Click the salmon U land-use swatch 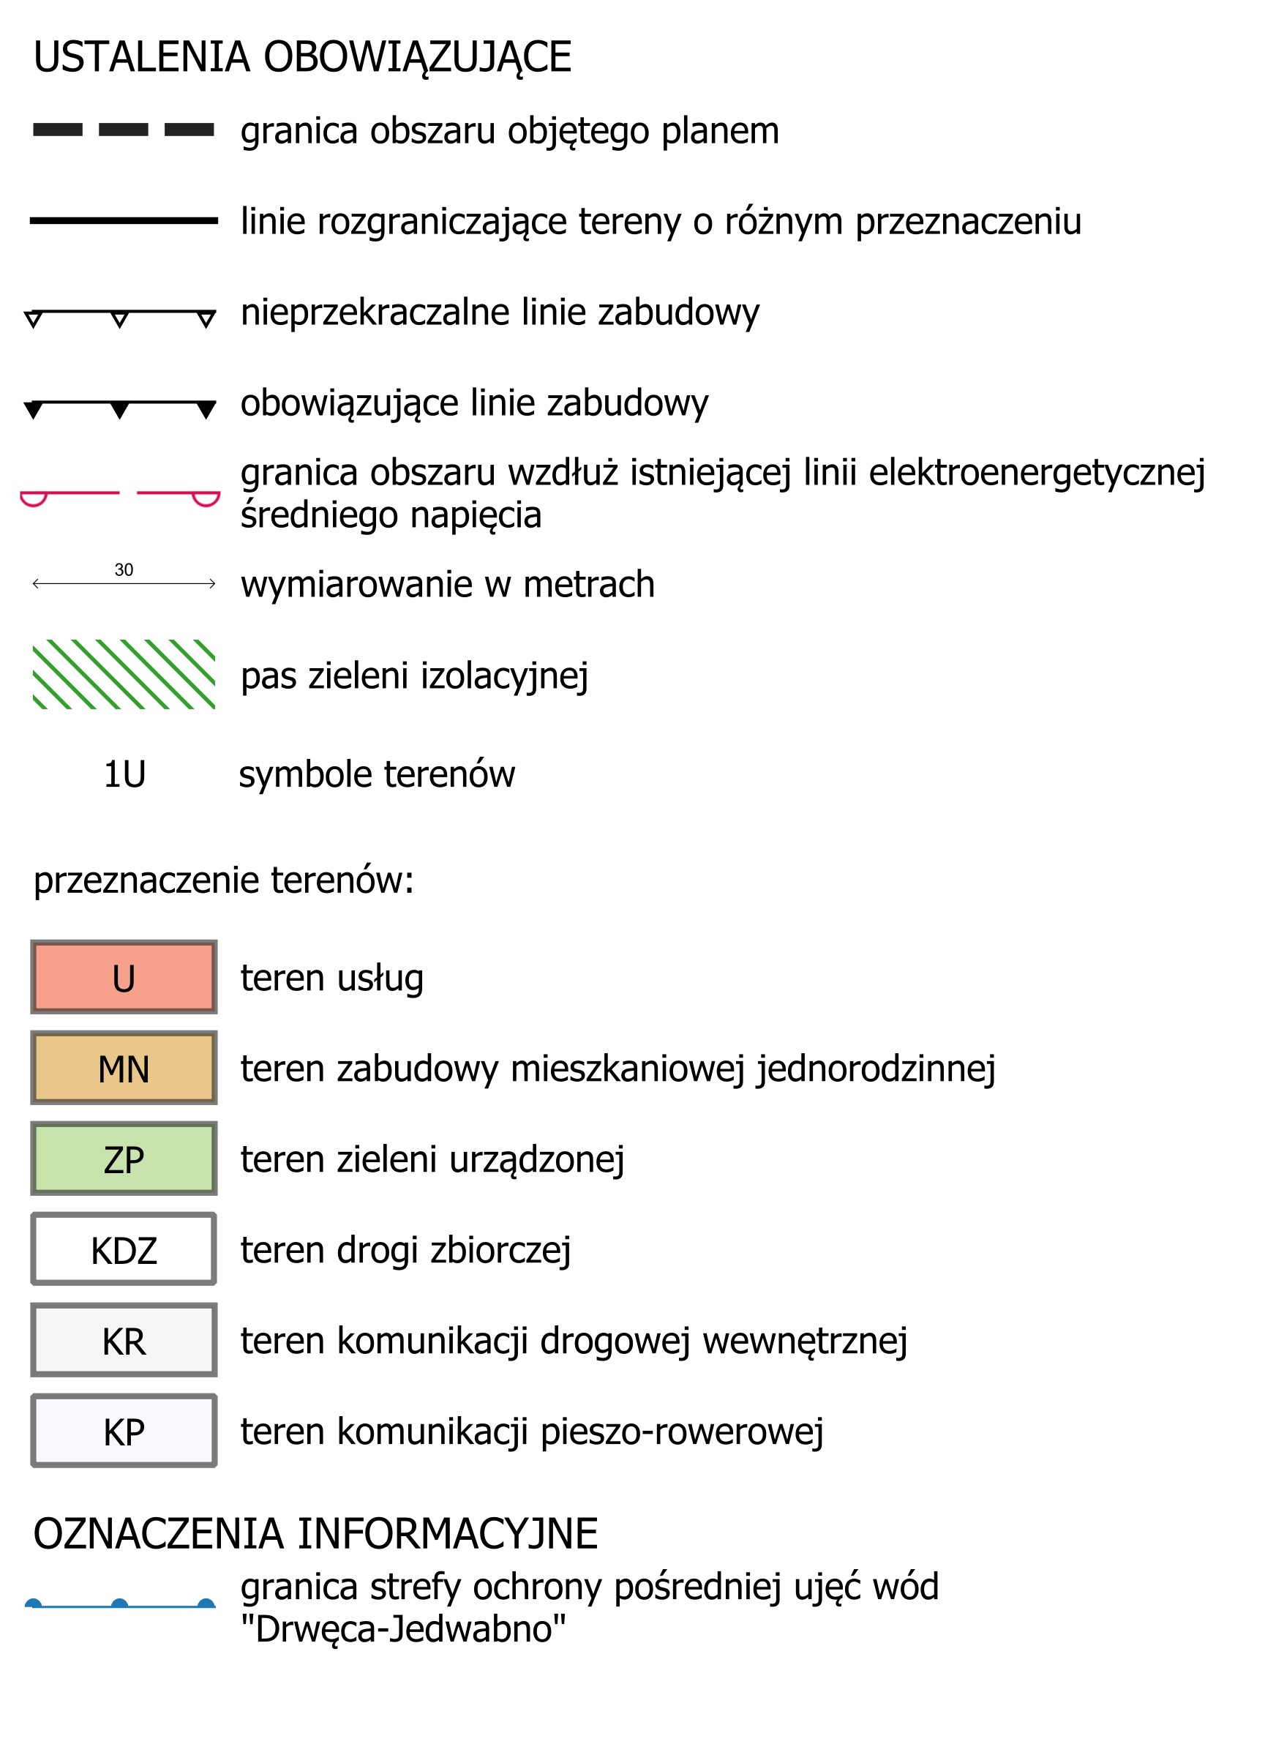(124, 977)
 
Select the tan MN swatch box (124, 1068)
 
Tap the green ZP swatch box (124, 1159)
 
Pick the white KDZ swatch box (124, 1250)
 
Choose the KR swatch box (124, 1340)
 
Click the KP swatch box (124, 1431)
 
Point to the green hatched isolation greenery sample (124, 674)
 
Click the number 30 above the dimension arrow (124, 569)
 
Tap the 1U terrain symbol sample (124, 774)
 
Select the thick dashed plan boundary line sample (124, 130)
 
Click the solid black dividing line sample (124, 220)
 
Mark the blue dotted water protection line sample (120, 1606)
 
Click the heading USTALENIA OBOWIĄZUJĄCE (301, 57)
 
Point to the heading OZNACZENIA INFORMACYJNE (315, 1534)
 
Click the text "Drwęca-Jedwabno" (403, 1629)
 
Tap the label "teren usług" (332, 977)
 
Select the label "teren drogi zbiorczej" (405, 1250)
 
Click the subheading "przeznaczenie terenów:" (224, 880)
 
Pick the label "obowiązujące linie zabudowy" (474, 403)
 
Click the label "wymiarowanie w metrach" (447, 583)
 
